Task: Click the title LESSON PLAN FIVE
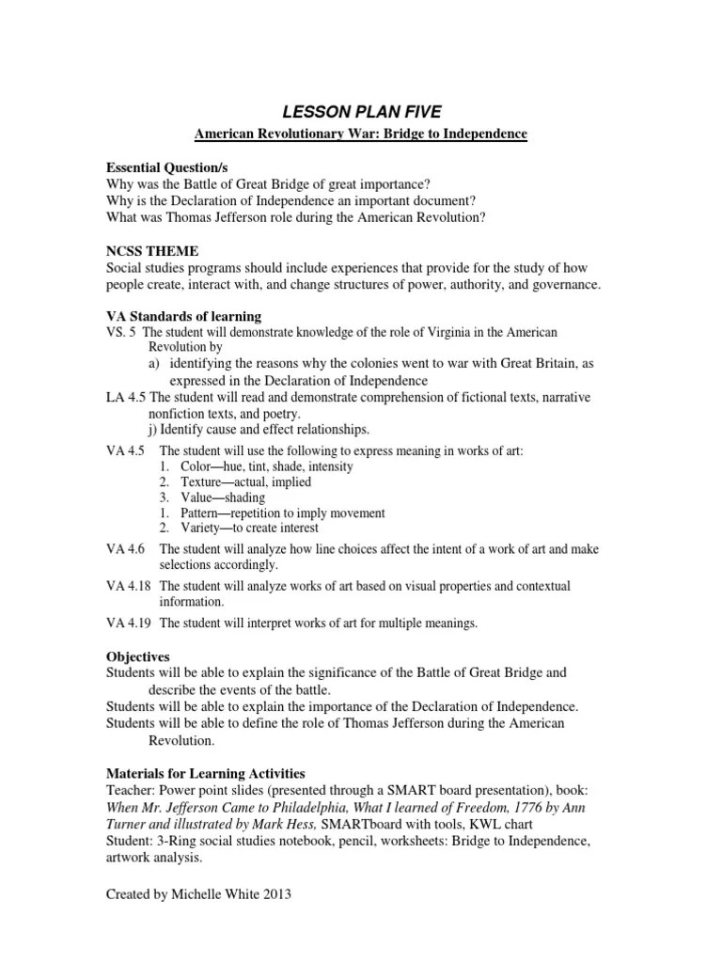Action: coord(360,113)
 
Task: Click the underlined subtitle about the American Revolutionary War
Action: coord(360,135)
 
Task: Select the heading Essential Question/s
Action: coord(165,166)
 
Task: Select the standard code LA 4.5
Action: coord(125,398)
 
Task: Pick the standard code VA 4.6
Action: coord(125,549)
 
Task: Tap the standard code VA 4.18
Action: coord(128,586)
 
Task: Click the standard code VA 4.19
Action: coord(128,623)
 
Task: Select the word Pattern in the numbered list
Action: coord(194,513)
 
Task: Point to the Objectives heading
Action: coord(137,656)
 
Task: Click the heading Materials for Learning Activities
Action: coord(205,773)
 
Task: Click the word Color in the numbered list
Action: coord(188,466)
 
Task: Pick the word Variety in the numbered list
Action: coord(194,528)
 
